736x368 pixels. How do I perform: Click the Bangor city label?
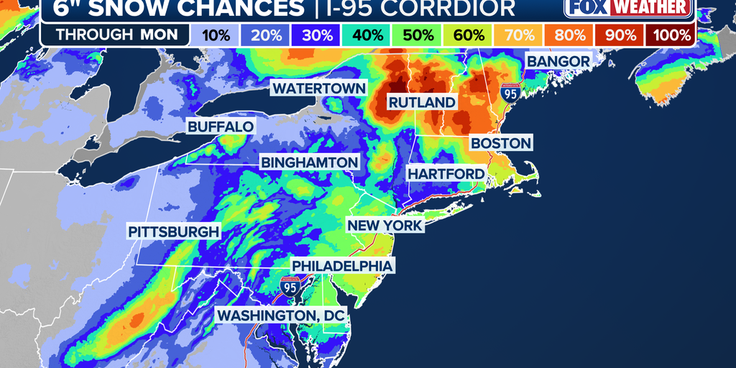point(558,61)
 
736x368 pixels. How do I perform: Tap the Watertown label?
point(318,88)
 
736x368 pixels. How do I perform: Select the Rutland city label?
point(422,103)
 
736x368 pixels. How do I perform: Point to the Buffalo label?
point(221,126)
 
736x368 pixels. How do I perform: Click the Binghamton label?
point(309,162)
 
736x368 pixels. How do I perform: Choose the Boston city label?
point(501,143)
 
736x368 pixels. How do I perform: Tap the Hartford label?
point(446,174)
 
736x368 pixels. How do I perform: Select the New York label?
point(385,226)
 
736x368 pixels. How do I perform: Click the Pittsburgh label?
point(173,231)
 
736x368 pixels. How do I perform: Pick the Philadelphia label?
point(342,266)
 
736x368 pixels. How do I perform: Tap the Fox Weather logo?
point(629,8)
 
